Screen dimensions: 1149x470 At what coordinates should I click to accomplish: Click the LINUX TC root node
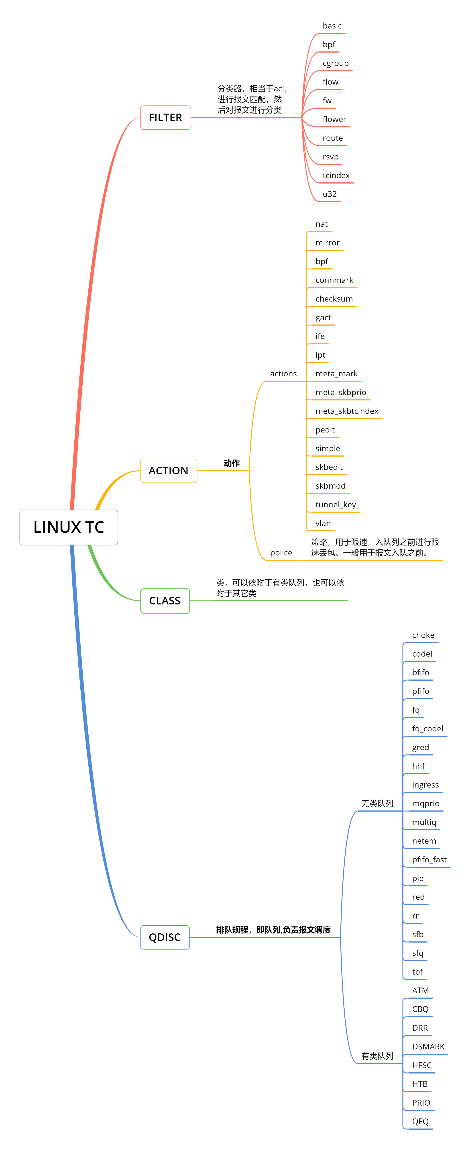click(x=69, y=527)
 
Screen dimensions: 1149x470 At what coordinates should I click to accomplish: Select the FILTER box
click(x=165, y=117)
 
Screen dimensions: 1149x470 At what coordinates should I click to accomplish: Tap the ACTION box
click(x=169, y=471)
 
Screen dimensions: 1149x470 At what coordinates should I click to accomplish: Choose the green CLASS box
click(x=165, y=601)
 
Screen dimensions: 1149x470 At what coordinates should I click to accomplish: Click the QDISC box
click(x=165, y=937)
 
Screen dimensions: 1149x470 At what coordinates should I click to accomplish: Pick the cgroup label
click(x=335, y=63)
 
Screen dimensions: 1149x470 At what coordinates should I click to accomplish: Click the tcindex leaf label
click(x=336, y=175)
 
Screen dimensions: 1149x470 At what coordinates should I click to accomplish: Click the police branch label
click(x=281, y=553)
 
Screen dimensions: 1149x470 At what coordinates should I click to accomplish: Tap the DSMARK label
click(x=428, y=1046)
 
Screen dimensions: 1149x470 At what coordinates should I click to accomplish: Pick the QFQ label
click(x=420, y=1121)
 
